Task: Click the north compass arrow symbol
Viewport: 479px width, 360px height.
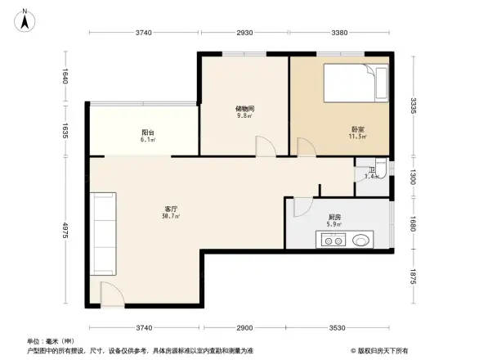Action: coord(25,19)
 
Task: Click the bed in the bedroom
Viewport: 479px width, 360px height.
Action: coord(358,84)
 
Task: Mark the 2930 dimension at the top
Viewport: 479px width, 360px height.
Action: coord(244,33)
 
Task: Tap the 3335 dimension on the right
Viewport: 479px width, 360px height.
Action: coord(414,106)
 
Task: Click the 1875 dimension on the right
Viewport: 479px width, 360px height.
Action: coord(414,277)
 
